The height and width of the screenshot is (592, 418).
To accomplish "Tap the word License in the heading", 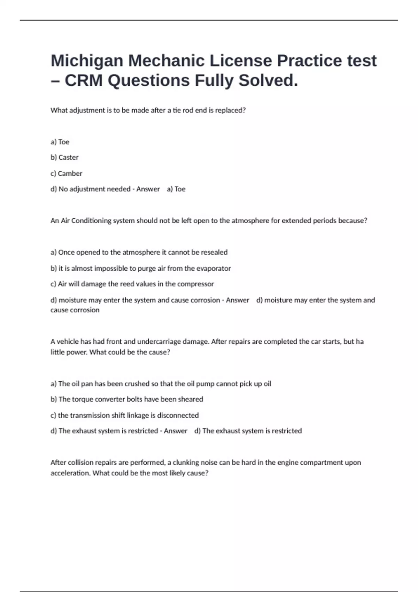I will pyautogui.click(x=240, y=61).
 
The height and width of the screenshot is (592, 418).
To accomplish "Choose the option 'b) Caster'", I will pyautogui.click(x=64, y=157).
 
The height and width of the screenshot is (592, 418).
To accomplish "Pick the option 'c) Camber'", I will pyautogui.click(x=66, y=173).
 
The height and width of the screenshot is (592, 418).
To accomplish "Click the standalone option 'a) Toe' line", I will pyautogui.click(x=60, y=142).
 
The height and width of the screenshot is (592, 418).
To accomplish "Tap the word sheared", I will pyautogui.click(x=190, y=399).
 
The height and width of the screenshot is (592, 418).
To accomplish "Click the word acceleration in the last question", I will pyautogui.click(x=70, y=473).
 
